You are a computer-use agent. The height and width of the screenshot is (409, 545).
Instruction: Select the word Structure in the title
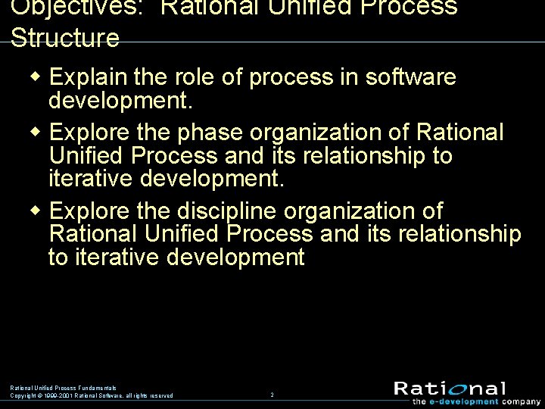click(x=65, y=38)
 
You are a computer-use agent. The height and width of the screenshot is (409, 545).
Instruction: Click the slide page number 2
click(x=272, y=395)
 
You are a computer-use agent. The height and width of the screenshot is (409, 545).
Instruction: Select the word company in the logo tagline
click(x=522, y=401)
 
